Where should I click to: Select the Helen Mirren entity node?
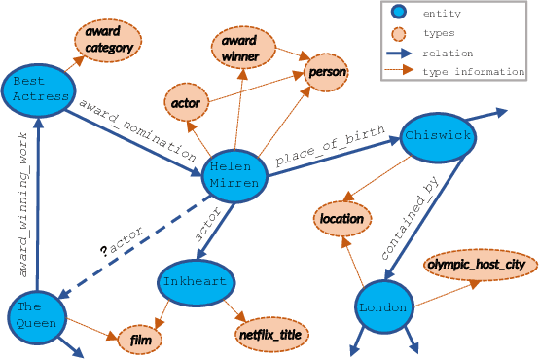[234, 175]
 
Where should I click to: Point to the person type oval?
[328, 72]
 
